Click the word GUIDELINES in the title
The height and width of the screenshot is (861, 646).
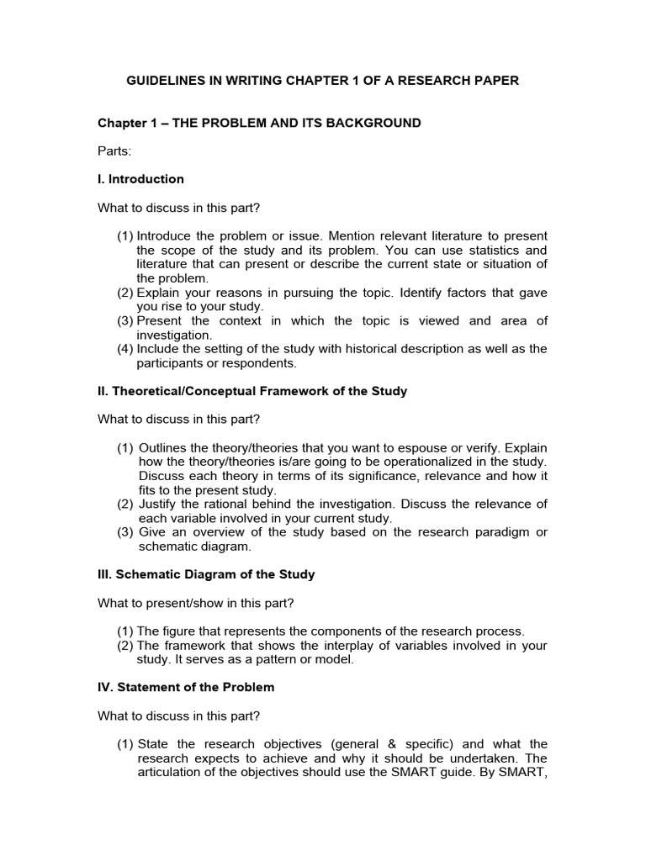click(x=165, y=81)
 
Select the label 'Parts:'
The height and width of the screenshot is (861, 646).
click(x=114, y=151)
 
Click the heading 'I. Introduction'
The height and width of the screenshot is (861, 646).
click(x=140, y=179)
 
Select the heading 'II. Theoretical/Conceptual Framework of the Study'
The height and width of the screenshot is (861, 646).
click(x=252, y=391)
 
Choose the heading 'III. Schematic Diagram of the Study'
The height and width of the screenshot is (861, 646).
click(x=206, y=574)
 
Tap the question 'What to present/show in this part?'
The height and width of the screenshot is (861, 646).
click(x=196, y=603)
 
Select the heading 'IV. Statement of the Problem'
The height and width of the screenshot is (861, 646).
click(x=186, y=688)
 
